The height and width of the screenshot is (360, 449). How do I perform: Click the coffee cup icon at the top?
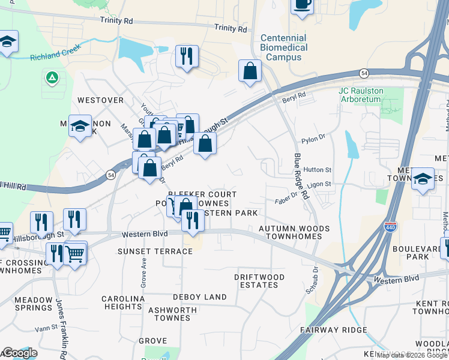point(302,5)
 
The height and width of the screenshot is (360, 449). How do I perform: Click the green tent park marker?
point(52,77)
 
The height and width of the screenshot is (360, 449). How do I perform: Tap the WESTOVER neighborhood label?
point(100,100)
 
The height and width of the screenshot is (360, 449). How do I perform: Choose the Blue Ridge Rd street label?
point(300,176)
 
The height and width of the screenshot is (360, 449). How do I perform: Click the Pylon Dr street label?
point(313,138)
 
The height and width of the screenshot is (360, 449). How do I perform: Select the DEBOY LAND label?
point(200,297)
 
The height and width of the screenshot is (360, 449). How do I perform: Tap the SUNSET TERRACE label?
point(155,251)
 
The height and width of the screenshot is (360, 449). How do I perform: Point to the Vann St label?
point(46,328)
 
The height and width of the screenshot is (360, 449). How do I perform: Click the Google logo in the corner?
point(20,353)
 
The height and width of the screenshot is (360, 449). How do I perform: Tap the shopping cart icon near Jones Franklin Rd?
point(75,253)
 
